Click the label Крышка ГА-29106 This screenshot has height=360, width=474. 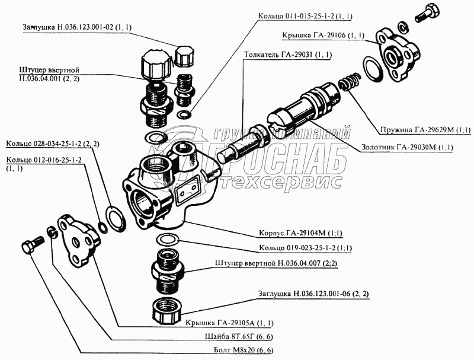coord(323,36)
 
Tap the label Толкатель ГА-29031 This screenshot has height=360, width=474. coord(288,55)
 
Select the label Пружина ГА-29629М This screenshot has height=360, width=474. coord(425,130)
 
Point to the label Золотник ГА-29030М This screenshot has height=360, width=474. coord(407,148)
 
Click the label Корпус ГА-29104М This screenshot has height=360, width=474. coord(301,233)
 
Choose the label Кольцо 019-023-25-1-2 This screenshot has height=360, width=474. coord(305,248)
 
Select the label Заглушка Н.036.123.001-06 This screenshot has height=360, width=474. coord(313,294)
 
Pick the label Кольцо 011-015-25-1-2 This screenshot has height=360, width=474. coord(305,16)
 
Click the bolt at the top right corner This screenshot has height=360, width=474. coord(427,13)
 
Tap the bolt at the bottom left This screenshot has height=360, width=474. coord(33,244)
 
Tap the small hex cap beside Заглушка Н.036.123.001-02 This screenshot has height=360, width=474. coord(183,56)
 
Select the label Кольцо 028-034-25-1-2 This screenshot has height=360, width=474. coord(53,144)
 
